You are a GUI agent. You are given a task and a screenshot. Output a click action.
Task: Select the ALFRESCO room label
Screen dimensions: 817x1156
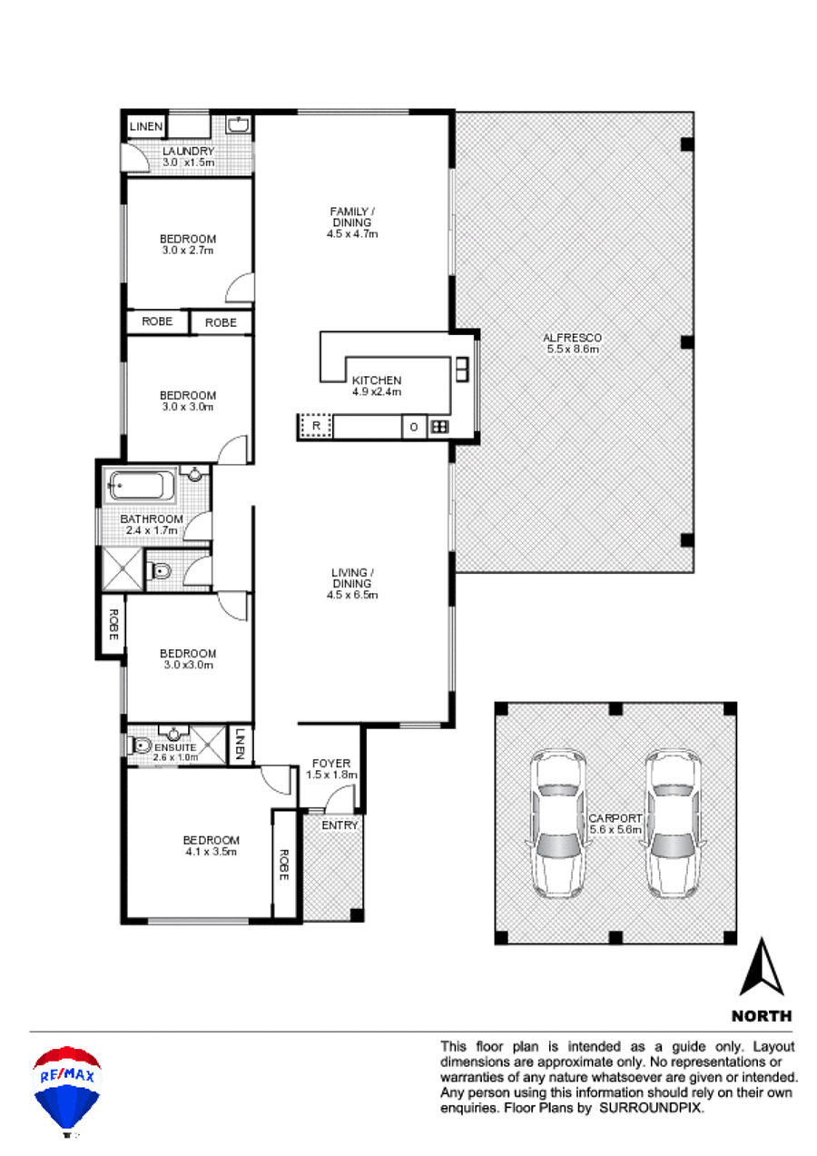(x=572, y=338)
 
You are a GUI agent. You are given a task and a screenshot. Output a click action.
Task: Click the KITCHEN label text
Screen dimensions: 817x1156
(x=377, y=380)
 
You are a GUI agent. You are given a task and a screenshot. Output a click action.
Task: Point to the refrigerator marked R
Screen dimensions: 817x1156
(x=316, y=426)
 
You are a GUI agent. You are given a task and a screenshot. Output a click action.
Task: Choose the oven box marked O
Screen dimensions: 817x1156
(x=414, y=428)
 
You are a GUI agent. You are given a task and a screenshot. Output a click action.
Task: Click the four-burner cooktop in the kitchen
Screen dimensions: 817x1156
(x=439, y=427)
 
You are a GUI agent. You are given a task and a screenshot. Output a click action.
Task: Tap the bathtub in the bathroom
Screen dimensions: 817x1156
(x=141, y=486)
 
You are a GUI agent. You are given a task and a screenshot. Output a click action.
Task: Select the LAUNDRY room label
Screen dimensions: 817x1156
(x=188, y=152)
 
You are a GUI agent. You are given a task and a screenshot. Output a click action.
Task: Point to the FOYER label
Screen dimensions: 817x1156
(x=331, y=764)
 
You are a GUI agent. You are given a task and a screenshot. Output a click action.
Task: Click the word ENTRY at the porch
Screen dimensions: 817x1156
(x=340, y=825)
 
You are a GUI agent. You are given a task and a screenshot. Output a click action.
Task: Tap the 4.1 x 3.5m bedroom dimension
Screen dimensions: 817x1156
(x=211, y=852)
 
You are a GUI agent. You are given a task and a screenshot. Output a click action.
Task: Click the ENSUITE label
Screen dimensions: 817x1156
(x=175, y=747)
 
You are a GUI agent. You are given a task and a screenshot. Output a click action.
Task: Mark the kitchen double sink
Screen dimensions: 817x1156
(x=462, y=370)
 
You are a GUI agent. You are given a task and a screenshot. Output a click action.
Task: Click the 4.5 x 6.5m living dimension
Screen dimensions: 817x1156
(x=352, y=595)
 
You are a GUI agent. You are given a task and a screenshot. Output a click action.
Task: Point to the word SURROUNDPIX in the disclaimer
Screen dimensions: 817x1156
(x=650, y=1108)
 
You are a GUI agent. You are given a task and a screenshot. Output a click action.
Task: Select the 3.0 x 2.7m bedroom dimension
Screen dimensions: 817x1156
(x=188, y=251)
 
